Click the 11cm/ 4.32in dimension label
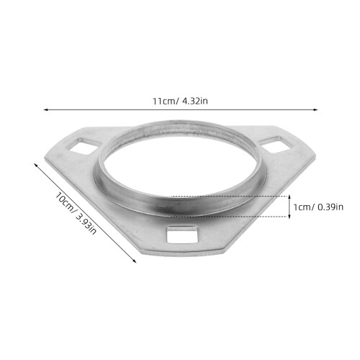coord(180,101)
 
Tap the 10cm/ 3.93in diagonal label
coord(76,213)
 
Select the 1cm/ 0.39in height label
coord(318,207)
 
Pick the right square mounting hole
coord(276,144)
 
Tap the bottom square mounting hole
coord(183,234)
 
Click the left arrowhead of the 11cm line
coord(45,109)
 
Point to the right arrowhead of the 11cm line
coord(316,109)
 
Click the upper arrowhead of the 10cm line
coord(35,165)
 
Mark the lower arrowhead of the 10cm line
coord(135,261)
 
